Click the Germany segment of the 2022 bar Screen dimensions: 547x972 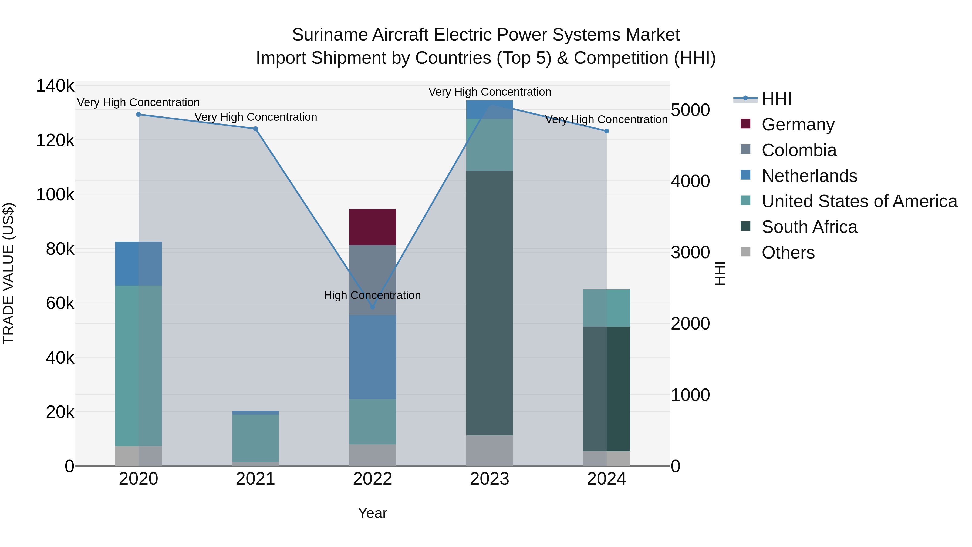tap(372, 227)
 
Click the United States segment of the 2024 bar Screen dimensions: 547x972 tap(606, 308)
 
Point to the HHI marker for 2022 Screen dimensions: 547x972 tap(372, 307)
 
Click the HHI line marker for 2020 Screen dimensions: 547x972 tap(139, 114)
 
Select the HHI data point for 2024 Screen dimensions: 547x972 tap(606, 131)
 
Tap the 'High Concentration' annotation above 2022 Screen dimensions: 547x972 tap(372, 295)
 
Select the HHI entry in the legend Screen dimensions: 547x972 tap(776, 99)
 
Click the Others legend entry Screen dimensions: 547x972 tap(788, 253)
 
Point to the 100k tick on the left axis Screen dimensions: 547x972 tap(55, 195)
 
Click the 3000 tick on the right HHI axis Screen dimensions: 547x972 tap(690, 252)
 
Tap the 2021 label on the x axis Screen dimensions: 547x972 tap(255, 479)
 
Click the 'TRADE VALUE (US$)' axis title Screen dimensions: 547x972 tap(8, 273)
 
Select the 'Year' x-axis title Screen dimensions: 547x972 tap(372, 513)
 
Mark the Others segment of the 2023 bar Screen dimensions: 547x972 tap(490, 450)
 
